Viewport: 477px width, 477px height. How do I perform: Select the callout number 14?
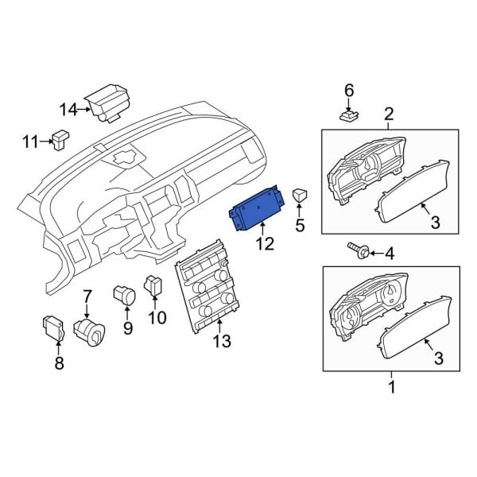pos(69,108)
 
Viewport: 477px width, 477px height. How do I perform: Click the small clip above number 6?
pos(349,118)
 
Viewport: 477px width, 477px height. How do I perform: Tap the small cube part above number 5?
pos(300,195)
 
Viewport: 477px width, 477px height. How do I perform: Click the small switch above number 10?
pos(154,285)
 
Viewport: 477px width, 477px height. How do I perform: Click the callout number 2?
pos(389,113)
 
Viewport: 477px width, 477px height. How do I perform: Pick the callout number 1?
pos(390,387)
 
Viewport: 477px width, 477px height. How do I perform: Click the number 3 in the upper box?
pos(435,223)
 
